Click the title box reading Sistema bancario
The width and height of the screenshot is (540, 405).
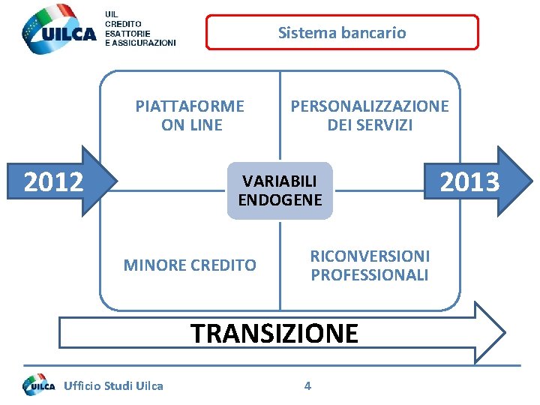tap(342, 32)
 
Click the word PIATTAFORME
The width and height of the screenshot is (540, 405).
tap(190, 106)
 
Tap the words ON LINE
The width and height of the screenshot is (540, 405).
tap(192, 124)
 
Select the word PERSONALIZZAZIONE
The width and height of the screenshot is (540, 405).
tap(370, 106)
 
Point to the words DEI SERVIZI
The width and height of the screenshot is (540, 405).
tap(370, 124)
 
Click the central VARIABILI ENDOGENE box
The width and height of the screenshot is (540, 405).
tap(280, 190)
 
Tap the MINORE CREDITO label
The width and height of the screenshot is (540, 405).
tap(190, 265)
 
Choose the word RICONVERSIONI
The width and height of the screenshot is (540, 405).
tap(370, 256)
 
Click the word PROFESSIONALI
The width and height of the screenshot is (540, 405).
tap(370, 275)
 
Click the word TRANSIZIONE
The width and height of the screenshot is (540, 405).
tap(275, 333)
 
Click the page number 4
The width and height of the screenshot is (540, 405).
tap(307, 386)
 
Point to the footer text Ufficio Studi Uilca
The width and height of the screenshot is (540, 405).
tap(114, 386)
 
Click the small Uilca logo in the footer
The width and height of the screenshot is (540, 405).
tap(39, 385)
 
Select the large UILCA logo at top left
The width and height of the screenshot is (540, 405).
tap(60, 30)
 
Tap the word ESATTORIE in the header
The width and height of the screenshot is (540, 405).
tap(127, 34)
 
